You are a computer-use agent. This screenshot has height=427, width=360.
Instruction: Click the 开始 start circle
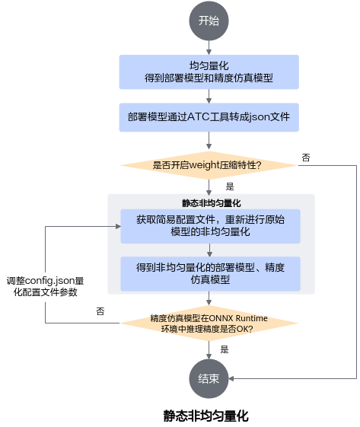[209, 21]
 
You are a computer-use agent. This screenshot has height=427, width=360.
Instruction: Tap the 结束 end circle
[209, 378]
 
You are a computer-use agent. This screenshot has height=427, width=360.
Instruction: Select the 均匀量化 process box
[209, 72]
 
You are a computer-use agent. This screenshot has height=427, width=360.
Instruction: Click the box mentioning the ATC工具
[209, 117]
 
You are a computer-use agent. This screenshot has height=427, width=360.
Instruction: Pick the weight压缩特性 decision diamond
[209, 165]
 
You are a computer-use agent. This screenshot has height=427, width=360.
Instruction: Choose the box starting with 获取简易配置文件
[210, 226]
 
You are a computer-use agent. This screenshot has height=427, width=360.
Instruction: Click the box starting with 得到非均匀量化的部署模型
[210, 274]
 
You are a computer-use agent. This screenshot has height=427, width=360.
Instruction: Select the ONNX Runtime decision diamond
[209, 323]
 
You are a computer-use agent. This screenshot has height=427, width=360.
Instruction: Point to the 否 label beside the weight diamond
[306, 158]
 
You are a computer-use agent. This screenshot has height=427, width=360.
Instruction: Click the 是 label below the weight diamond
[230, 186]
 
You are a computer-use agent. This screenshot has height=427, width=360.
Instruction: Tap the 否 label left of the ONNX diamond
[100, 311]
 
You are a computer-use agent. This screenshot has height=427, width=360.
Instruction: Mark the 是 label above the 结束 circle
[225, 349]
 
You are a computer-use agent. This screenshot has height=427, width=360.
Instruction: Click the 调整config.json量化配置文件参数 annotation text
[45, 286]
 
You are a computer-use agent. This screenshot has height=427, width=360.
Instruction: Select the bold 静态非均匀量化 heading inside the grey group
[212, 203]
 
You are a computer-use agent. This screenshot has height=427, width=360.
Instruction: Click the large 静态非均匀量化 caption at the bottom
[205, 416]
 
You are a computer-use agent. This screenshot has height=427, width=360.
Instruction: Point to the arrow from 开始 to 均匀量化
[209, 48]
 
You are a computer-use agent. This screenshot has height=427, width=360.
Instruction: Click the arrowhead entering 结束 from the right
[231, 378]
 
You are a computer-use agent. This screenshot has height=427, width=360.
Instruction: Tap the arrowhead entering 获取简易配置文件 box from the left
[118, 226]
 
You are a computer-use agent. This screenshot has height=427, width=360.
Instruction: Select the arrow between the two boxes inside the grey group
[209, 250]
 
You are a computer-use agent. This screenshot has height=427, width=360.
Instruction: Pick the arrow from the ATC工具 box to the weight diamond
[209, 141]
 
